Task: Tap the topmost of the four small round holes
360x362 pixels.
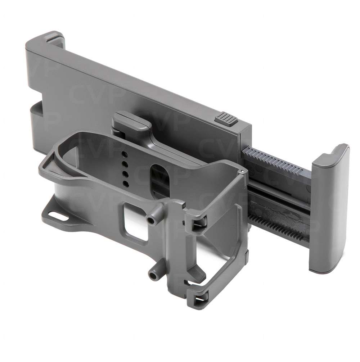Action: tap(124, 154)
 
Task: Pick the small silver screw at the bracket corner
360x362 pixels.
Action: tap(244, 171)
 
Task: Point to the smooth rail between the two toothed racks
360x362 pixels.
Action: tap(281, 191)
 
